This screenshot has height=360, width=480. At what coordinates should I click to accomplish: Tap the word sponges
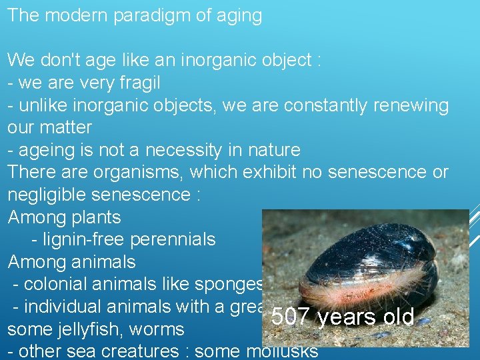point(230,284)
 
